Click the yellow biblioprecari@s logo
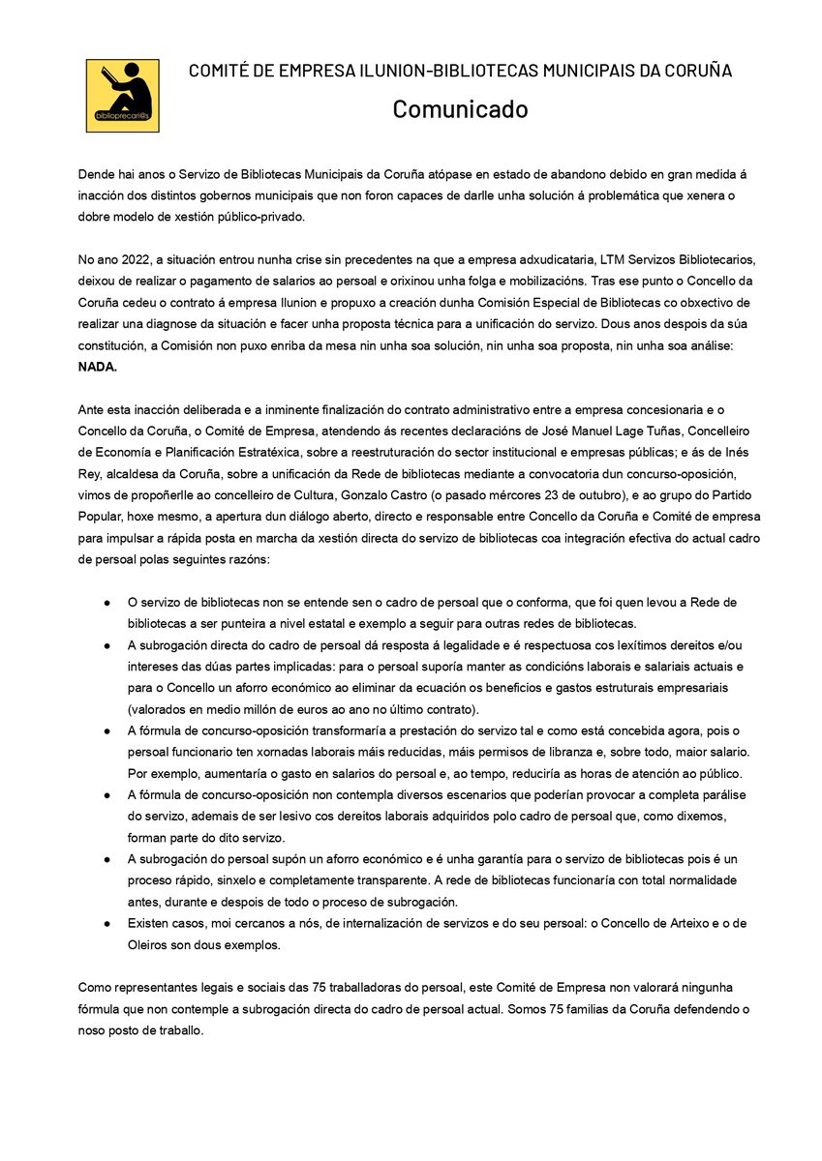point(122,96)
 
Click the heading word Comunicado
point(460,109)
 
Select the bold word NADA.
point(97,368)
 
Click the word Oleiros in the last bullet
point(149,944)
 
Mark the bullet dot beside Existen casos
point(107,923)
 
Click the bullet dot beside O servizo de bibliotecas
point(107,602)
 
